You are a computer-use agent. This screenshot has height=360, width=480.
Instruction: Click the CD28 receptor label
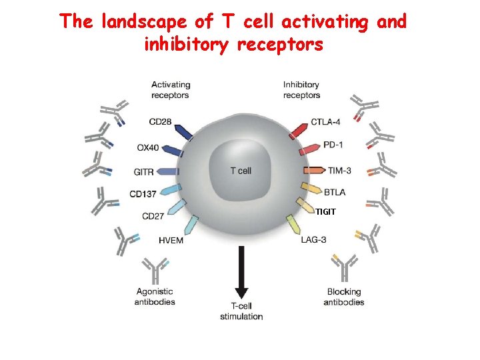(x=161, y=122)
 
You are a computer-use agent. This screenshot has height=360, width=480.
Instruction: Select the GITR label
(x=144, y=171)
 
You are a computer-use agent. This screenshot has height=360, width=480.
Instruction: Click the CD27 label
(x=154, y=215)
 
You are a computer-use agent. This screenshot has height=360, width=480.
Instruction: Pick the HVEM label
(x=171, y=239)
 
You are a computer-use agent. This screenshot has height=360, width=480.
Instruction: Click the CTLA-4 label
(x=327, y=122)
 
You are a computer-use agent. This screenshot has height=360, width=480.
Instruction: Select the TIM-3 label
(x=339, y=171)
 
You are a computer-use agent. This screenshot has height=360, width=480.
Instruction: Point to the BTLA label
(x=334, y=192)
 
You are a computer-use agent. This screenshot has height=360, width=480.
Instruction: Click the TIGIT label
(x=326, y=212)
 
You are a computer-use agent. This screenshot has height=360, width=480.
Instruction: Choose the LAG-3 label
(x=313, y=239)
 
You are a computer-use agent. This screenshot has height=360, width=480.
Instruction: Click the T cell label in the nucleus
(x=241, y=171)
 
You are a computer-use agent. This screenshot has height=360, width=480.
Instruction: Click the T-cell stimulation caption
(x=241, y=311)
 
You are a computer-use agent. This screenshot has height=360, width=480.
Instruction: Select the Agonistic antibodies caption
(x=155, y=297)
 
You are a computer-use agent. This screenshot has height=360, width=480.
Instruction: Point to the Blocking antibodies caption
(x=344, y=297)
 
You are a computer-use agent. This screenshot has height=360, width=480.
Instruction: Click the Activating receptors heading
(x=170, y=89)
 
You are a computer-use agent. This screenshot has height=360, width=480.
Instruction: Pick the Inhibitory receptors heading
(x=301, y=89)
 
